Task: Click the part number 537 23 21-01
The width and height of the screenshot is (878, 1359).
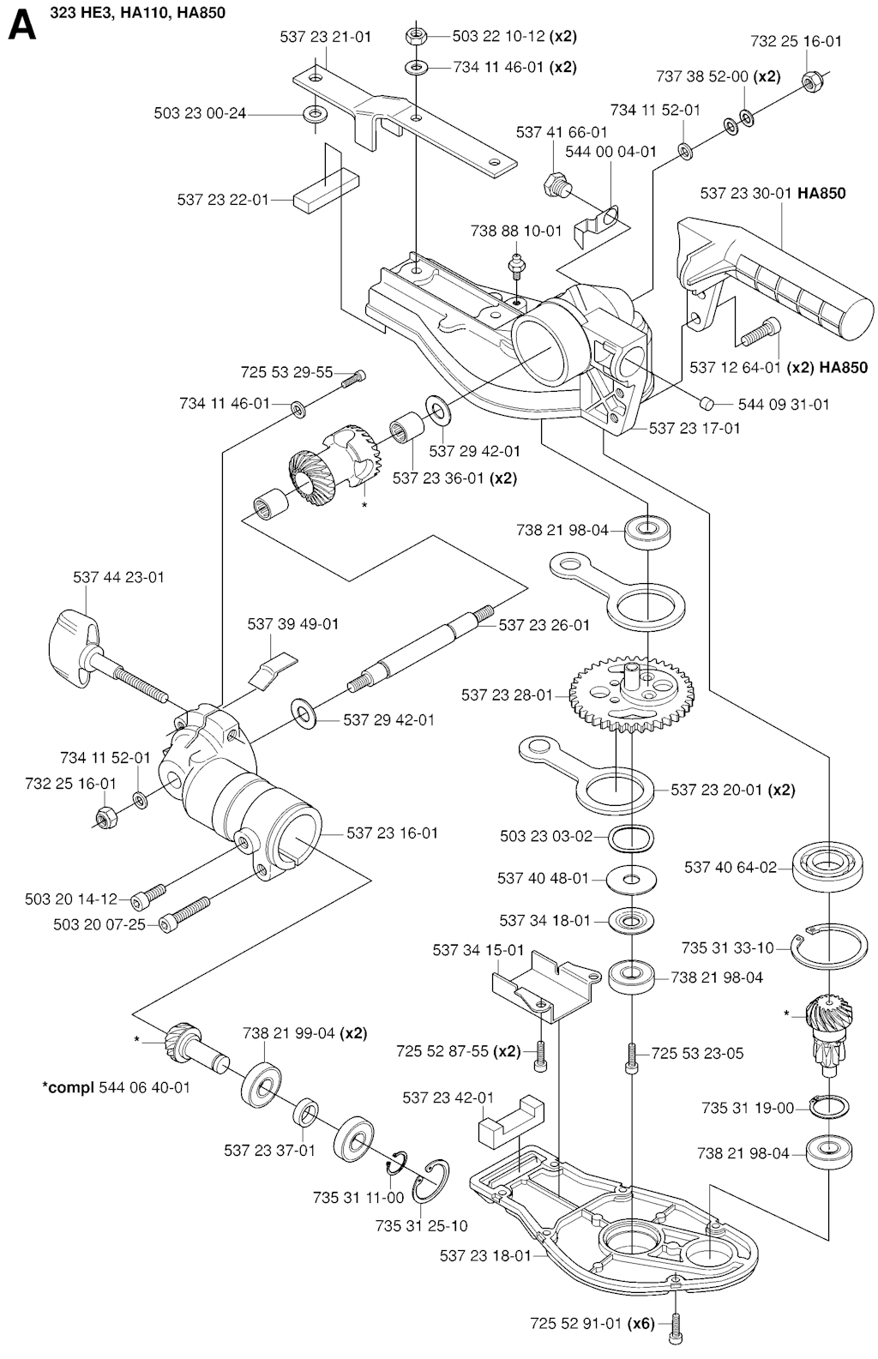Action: click(x=325, y=37)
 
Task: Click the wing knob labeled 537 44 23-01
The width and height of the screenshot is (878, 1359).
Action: click(x=79, y=644)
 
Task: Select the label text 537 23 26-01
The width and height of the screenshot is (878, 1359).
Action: click(x=544, y=625)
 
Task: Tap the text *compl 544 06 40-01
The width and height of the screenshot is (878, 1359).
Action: click(x=117, y=1087)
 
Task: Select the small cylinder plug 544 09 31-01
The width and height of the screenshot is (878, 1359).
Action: click(x=707, y=403)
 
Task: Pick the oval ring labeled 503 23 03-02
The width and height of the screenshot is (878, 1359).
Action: click(x=633, y=836)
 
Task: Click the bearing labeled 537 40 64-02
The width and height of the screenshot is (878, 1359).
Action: click(x=827, y=866)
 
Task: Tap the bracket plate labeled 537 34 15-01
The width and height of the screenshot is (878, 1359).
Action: click(x=544, y=988)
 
